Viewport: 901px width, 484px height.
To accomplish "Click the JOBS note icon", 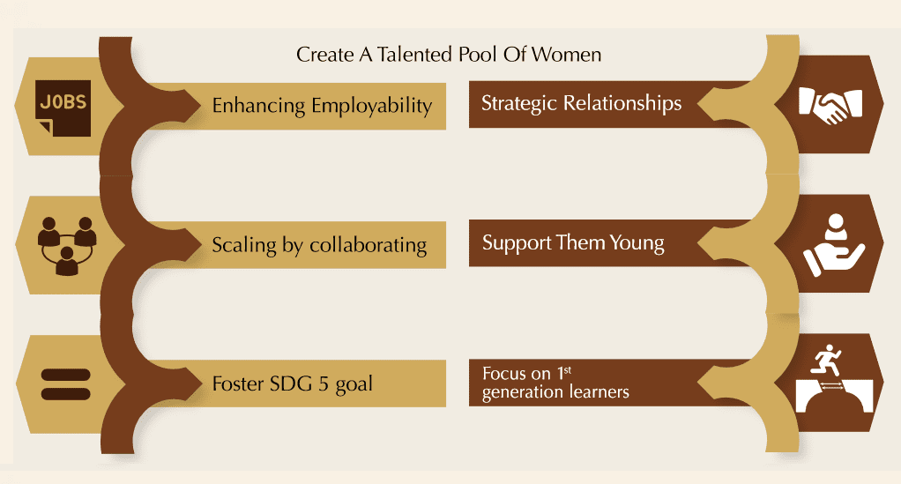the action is click(63, 108).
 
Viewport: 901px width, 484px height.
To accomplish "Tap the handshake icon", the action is click(830, 105).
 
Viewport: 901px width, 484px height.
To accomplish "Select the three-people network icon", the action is click(67, 245).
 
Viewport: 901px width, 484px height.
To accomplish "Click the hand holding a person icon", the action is click(834, 245).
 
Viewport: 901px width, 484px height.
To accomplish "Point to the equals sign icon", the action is click(65, 384).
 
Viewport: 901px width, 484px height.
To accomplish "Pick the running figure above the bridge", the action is click(826, 360).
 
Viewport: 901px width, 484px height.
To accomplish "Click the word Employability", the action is click(372, 107).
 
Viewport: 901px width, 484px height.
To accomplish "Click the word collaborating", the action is click(368, 245).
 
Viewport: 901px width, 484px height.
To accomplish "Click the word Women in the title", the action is click(566, 55).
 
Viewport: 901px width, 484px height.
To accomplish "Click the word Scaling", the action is click(244, 245).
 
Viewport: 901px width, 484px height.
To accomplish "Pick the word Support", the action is click(517, 243).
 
